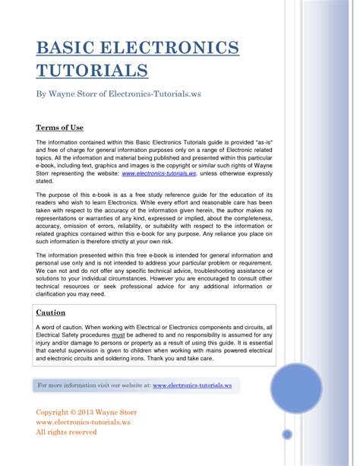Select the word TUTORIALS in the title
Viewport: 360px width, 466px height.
[x=92, y=71]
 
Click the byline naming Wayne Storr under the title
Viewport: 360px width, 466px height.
[x=118, y=94]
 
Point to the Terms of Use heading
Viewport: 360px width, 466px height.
[x=59, y=127]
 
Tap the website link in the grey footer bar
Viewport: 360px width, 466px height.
[x=192, y=385]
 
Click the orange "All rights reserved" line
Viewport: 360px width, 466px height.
[x=67, y=432]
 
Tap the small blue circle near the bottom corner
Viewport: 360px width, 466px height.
[x=287, y=434]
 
